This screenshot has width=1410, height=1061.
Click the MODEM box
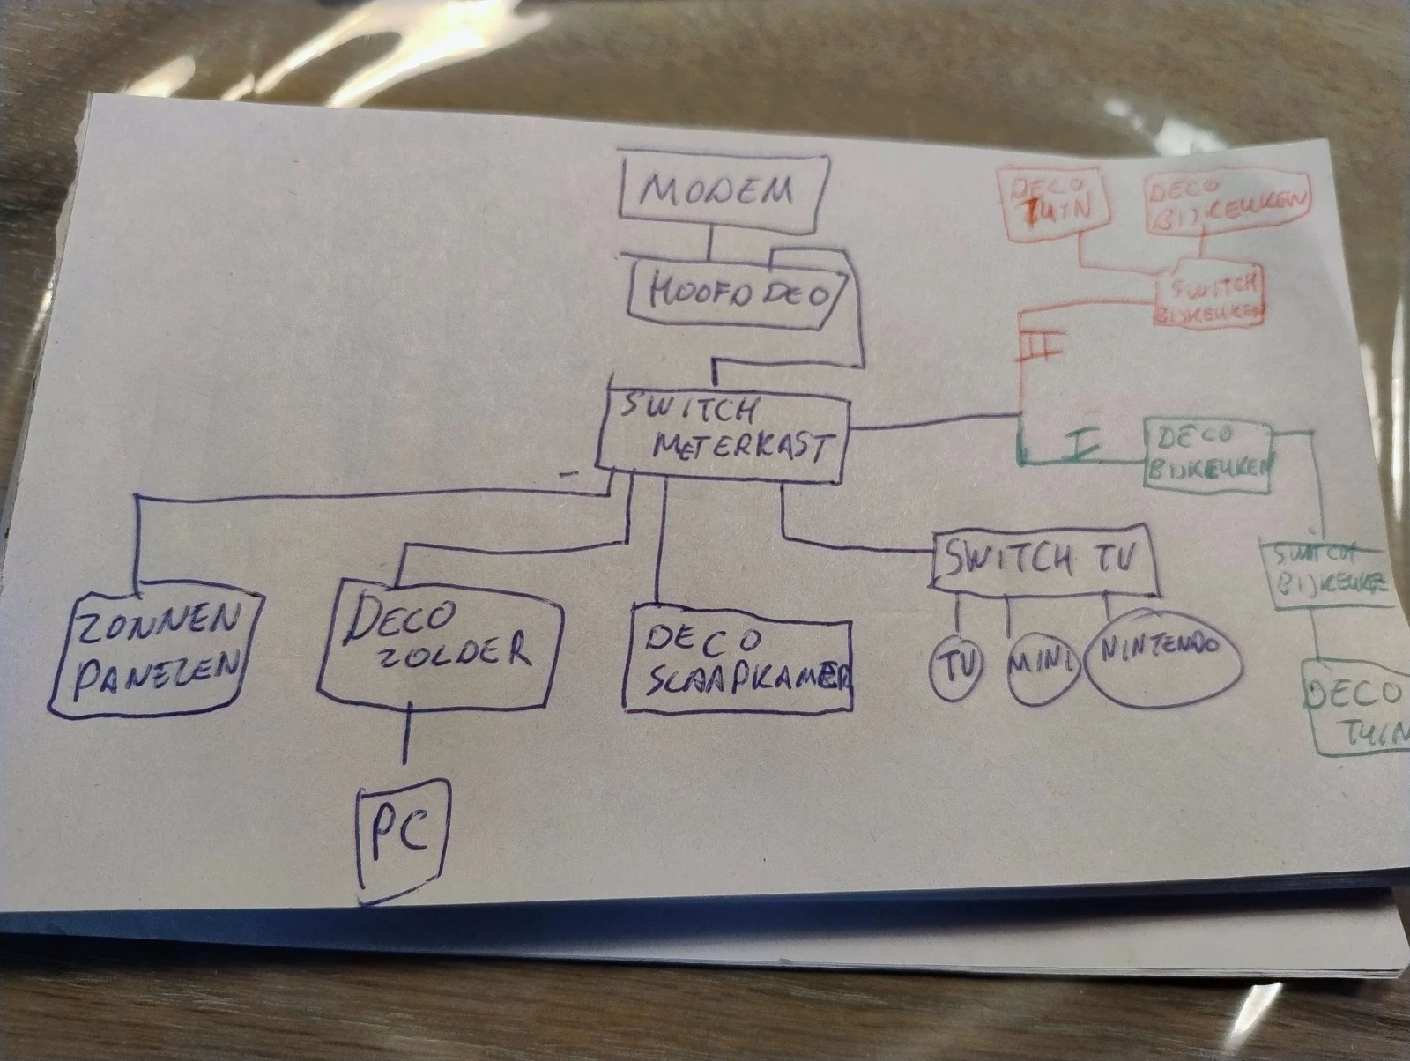(x=723, y=189)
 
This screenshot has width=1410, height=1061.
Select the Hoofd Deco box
(x=740, y=294)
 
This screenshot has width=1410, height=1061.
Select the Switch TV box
(x=1043, y=559)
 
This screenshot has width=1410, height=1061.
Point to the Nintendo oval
(x=1161, y=657)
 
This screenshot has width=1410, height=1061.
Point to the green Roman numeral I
(x=1082, y=445)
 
